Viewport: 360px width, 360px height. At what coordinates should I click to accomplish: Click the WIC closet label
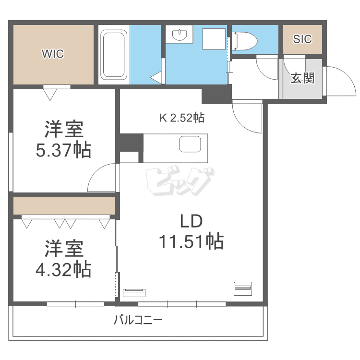pyautogui.click(x=52, y=54)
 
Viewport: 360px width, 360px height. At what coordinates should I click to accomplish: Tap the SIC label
pyautogui.click(x=302, y=39)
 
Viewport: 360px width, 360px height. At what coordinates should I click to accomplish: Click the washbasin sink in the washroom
pyautogui.click(x=180, y=35)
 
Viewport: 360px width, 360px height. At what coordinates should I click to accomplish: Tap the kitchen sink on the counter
pyautogui.click(x=190, y=144)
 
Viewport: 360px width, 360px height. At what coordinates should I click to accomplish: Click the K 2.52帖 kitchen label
pyautogui.click(x=182, y=117)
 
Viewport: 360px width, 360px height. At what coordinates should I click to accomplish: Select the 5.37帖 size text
pyautogui.click(x=63, y=151)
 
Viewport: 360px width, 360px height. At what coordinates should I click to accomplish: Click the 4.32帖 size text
pyautogui.click(x=63, y=270)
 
